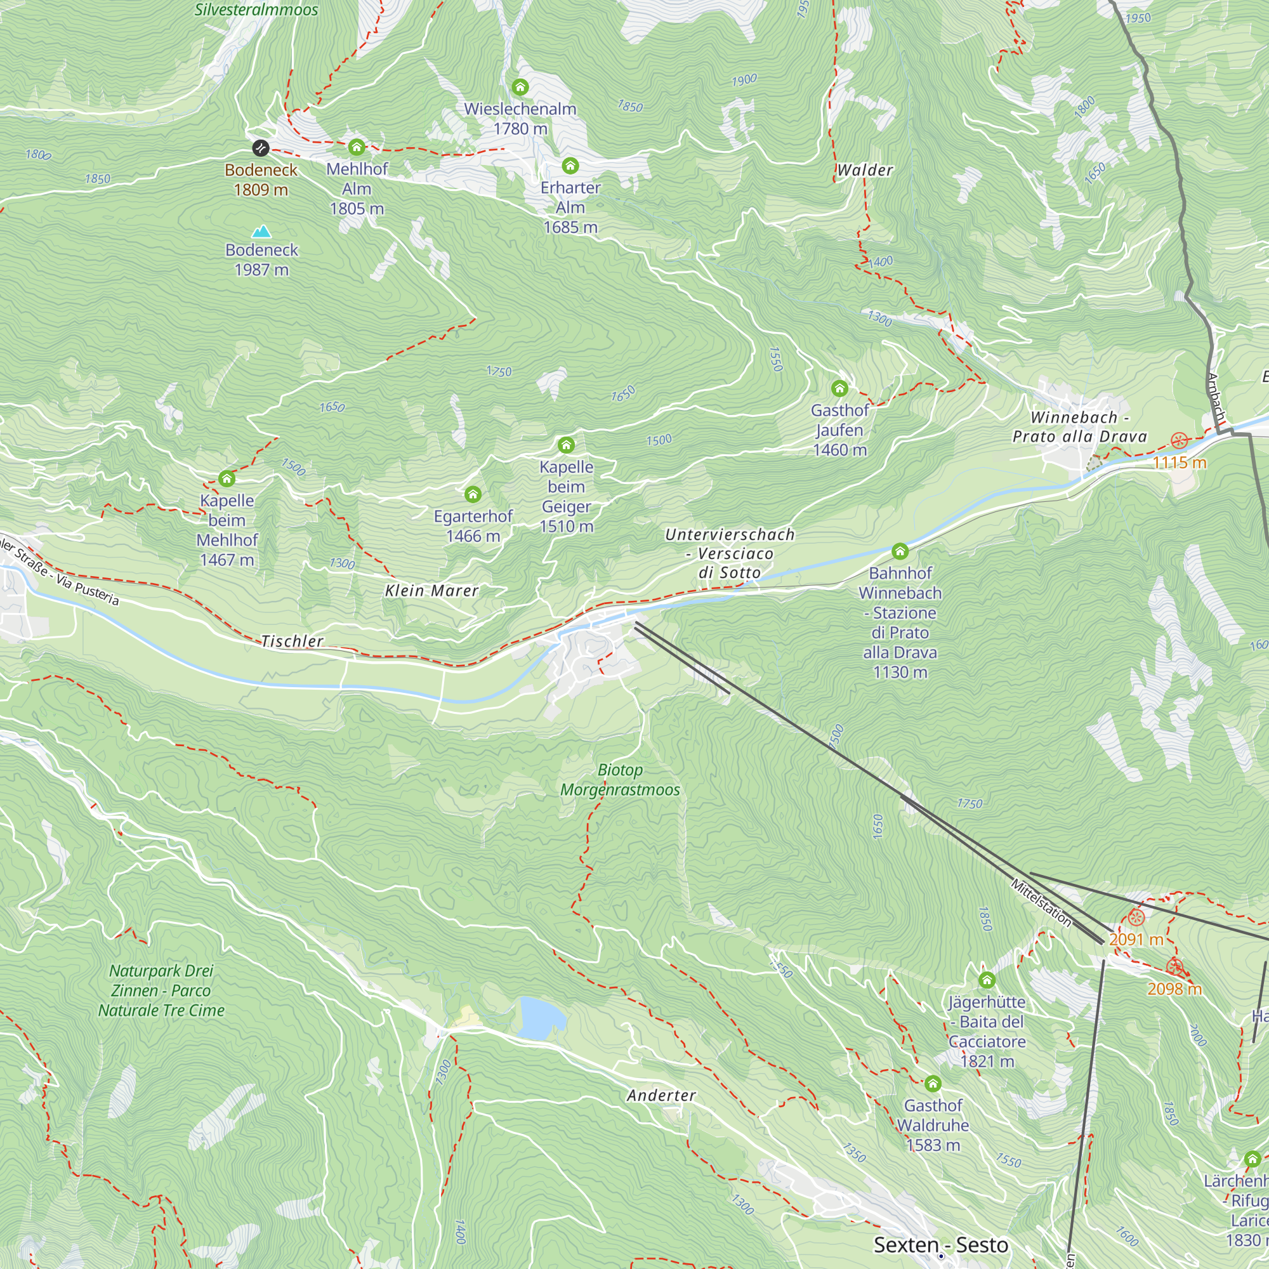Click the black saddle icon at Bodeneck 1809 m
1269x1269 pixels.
coord(261,148)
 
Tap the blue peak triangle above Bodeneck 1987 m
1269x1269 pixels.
coord(261,232)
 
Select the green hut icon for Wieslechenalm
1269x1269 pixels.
coord(520,87)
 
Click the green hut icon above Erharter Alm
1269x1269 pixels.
coord(570,166)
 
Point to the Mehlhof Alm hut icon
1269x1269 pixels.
coord(357,147)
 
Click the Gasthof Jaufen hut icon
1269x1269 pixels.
coord(839,389)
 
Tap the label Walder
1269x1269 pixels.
coord(864,170)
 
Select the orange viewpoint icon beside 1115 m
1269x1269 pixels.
coord(1179,440)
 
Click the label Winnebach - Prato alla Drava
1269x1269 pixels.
coord(1079,427)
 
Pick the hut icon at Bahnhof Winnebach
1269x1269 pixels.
coord(900,551)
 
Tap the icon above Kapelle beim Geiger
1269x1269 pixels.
coord(566,445)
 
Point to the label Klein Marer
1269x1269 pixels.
coord(431,591)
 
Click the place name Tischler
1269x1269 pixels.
coord(293,641)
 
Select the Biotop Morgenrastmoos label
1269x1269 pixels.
coord(619,780)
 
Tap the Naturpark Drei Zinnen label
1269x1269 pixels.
coord(161,990)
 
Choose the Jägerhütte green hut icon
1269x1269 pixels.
coord(987,981)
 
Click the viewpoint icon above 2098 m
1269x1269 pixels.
coord(1175,967)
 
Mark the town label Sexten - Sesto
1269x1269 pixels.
coord(940,1245)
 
